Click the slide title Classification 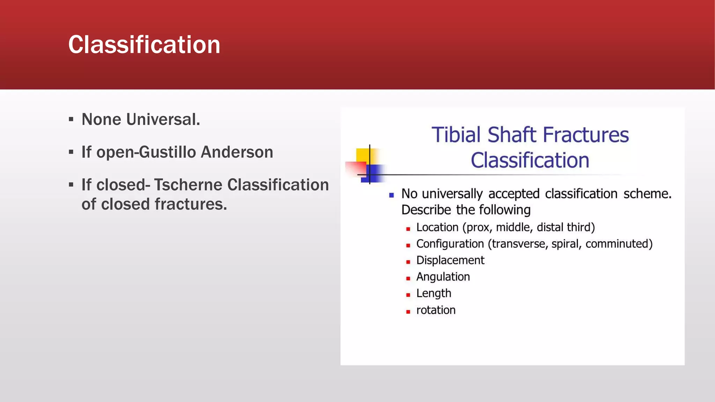coord(144,45)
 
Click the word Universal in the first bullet coord(163,119)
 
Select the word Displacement coord(450,260)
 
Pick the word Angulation coord(443,277)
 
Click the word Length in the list coord(434,293)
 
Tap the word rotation coord(436,310)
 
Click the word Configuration coord(450,244)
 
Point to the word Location coord(437,227)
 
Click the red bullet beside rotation coord(408,312)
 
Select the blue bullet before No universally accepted coord(391,195)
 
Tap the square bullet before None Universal coord(71,120)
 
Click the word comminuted coord(618,244)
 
